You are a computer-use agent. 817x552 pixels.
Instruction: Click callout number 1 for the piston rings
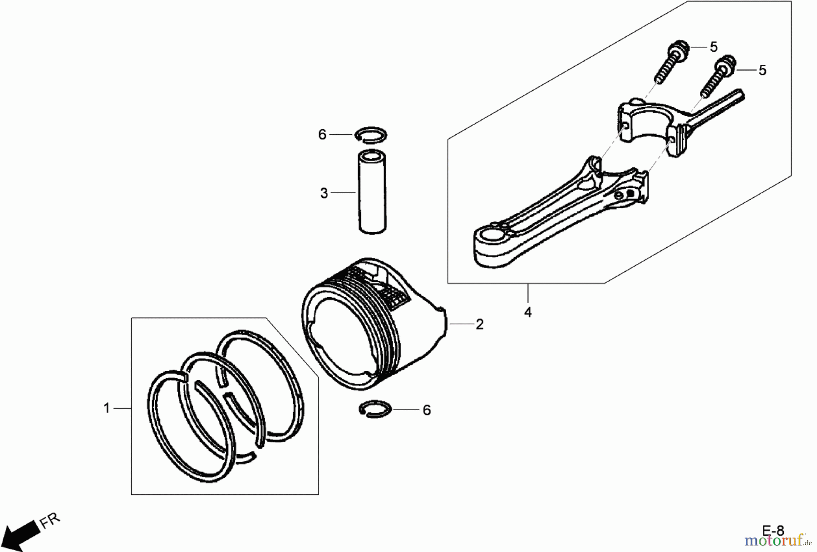(107, 408)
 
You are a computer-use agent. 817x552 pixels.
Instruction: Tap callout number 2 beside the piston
(480, 324)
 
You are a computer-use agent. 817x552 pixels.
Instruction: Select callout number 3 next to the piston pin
(324, 193)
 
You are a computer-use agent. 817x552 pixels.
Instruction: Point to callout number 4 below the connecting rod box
(528, 312)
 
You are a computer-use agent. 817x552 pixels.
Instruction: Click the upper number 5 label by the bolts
(714, 47)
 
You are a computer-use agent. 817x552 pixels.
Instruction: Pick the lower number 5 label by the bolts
(763, 70)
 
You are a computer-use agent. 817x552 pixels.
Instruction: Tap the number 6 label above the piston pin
(322, 135)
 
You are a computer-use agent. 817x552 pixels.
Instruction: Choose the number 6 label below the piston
(427, 410)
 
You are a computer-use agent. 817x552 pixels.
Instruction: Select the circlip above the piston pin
(371, 135)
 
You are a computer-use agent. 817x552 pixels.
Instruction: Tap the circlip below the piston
(375, 409)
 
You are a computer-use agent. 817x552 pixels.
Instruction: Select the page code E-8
(773, 530)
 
